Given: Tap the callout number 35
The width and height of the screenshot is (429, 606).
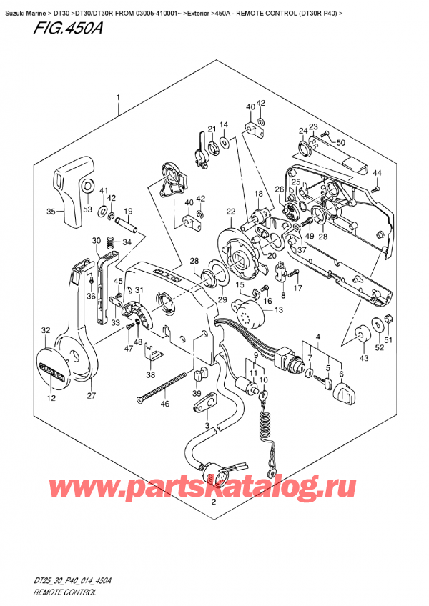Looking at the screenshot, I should pyautogui.click(x=51, y=212).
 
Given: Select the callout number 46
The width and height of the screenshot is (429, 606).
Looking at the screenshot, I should pyautogui.click(x=164, y=404).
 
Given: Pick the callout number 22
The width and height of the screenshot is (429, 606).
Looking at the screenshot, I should pyautogui.click(x=230, y=210).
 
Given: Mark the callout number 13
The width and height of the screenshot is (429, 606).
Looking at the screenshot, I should pyautogui.click(x=278, y=309).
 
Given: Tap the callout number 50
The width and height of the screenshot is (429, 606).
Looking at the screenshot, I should pyautogui.click(x=340, y=143).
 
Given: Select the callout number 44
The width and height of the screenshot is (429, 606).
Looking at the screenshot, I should pyautogui.click(x=377, y=174).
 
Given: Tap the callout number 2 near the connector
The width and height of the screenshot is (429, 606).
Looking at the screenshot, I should pyautogui.click(x=212, y=503).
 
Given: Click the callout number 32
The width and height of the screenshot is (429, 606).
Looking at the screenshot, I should pyautogui.click(x=46, y=330).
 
